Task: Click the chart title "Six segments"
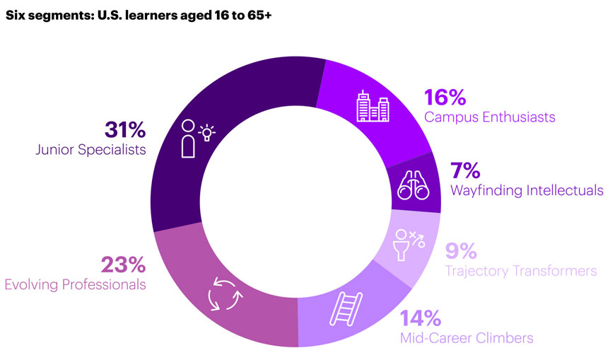click(x=45, y=13)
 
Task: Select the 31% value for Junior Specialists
click(x=125, y=130)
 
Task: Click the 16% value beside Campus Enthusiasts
click(x=443, y=98)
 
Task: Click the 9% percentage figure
click(x=461, y=250)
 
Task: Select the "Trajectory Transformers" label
click(x=520, y=270)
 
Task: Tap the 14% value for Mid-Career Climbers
click(x=421, y=318)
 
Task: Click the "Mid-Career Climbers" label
click(x=467, y=337)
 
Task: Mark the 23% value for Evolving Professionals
click(x=124, y=265)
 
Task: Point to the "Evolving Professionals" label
click(x=76, y=284)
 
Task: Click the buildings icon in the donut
click(x=372, y=107)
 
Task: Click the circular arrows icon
click(x=226, y=295)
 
